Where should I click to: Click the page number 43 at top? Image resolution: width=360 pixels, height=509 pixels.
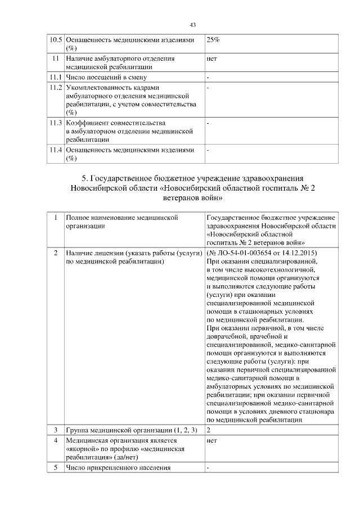pyautogui.click(x=192, y=25)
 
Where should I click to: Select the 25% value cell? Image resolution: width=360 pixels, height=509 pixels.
pyautogui.click(x=213, y=40)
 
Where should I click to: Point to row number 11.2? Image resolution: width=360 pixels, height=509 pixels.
pyautogui.click(x=55, y=88)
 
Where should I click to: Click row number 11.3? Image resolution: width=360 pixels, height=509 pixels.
pyautogui.click(x=55, y=123)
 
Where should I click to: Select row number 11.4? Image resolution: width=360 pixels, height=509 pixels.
pyautogui.click(x=55, y=150)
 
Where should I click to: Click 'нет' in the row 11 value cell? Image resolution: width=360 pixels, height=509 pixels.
pyautogui.click(x=212, y=58)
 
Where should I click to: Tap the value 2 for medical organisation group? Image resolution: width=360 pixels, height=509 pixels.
pyautogui.click(x=209, y=430)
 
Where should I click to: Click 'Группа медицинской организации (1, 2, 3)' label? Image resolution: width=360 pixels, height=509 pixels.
pyautogui.click(x=131, y=430)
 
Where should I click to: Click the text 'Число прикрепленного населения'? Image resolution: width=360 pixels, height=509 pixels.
pyautogui.click(x=118, y=467)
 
